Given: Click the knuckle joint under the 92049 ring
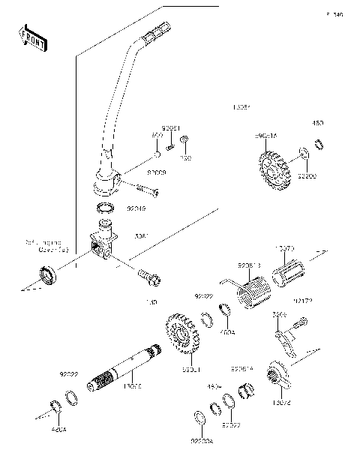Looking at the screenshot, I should pos(103,244).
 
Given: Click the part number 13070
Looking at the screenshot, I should pos(284,247).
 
